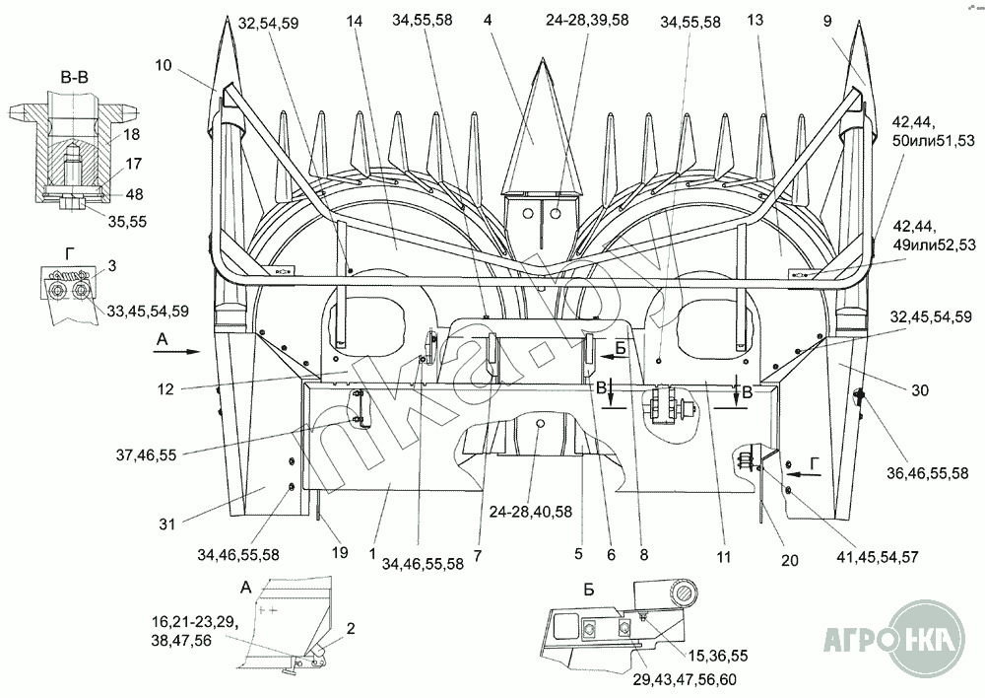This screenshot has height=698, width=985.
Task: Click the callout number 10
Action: click(x=163, y=65)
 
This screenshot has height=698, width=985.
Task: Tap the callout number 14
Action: click(x=355, y=21)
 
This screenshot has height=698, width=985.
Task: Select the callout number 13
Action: click(x=755, y=20)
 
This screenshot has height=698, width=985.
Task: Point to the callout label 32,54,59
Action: click(x=269, y=24)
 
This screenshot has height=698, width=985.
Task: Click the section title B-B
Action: click(x=74, y=78)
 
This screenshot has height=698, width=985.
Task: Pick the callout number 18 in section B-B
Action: click(x=132, y=134)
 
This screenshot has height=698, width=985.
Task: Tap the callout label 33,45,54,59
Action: click(x=148, y=311)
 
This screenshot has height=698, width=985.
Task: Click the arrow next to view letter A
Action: click(x=176, y=353)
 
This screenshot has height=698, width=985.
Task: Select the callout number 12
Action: click(x=165, y=389)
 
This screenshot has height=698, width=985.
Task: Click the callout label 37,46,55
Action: click(x=147, y=454)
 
